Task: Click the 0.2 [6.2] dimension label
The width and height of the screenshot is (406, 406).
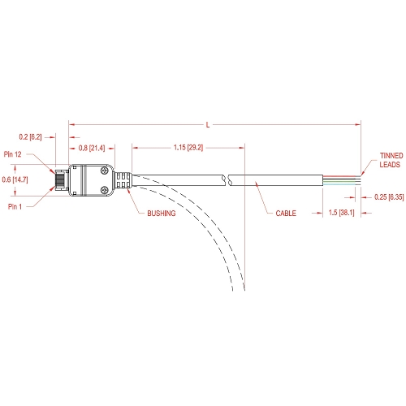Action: [x=30, y=137]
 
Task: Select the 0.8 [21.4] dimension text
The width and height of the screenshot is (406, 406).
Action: [x=92, y=148]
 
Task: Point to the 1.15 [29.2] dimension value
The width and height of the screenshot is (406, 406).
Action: [x=188, y=148]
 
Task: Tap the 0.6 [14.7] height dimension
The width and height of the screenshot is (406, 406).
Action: [x=15, y=179]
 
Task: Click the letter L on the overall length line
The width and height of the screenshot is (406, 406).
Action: [x=208, y=125]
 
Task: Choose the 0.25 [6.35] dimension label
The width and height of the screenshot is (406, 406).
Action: [x=389, y=197]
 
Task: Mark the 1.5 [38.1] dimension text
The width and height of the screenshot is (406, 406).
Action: [x=341, y=213]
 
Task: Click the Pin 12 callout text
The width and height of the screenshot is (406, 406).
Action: [x=12, y=154]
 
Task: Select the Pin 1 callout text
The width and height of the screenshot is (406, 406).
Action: [x=15, y=207]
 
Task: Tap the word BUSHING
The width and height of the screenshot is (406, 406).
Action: [x=162, y=214]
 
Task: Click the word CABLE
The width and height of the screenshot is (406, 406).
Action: [x=286, y=214]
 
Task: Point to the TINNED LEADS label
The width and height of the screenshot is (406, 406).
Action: [x=391, y=160]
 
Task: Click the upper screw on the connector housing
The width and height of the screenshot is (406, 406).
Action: [x=104, y=171]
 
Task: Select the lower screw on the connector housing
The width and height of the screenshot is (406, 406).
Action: [x=104, y=189]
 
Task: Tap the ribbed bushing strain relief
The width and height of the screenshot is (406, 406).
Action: [x=123, y=180]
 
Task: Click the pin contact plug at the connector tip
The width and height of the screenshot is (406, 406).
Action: [x=62, y=180]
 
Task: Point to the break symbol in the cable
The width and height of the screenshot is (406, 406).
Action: [x=227, y=180]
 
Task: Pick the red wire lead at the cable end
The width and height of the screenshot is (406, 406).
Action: [x=342, y=176]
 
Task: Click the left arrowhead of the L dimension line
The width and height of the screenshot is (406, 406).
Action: [x=71, y=125]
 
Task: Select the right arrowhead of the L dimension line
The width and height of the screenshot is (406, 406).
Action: [x=358, y=125]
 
